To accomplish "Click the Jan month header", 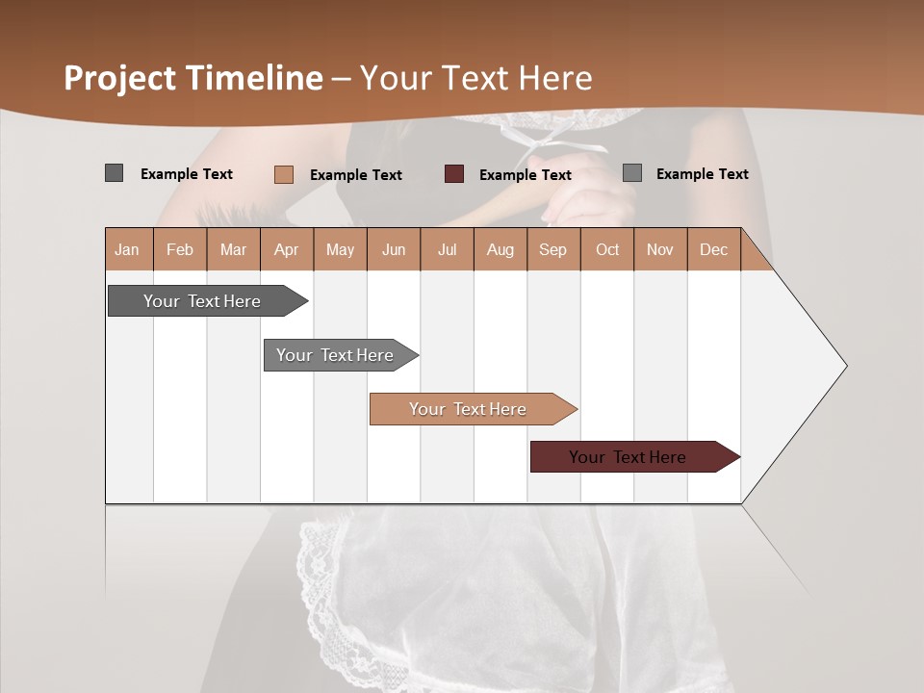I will pos(128,249).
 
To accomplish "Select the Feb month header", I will pos(180,249).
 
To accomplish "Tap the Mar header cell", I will pos(233,249).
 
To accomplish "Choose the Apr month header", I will pos(287,249).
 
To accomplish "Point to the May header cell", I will pos(340,249).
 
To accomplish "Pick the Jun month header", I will pos(394,249).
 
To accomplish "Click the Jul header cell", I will pos(447,249).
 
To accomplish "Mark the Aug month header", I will pos(500,249).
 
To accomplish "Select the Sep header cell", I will pos(553,249).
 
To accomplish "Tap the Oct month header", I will pos(607,249).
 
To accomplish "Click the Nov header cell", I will pos(660,249).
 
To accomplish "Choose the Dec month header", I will pos(713,249).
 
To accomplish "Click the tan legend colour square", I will pos(284,174).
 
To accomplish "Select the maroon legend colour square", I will pos(454,174).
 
